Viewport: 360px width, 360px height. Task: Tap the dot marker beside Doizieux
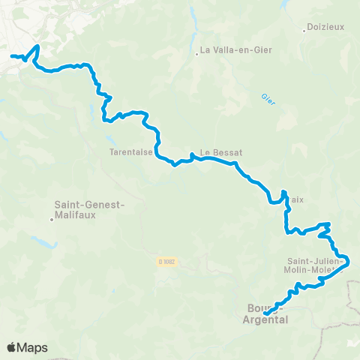tap(304, 30)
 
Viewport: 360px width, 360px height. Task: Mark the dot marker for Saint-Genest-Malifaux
tap(52, 220)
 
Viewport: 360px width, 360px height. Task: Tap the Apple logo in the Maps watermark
tap(11, 347)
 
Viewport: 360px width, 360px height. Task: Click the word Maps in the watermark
tap(32, 347)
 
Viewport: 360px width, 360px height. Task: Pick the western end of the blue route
tap(11, 56)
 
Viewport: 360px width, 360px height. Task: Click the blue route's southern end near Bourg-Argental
tap(267, 312)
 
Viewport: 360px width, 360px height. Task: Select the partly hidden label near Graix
tap(295, 199)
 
